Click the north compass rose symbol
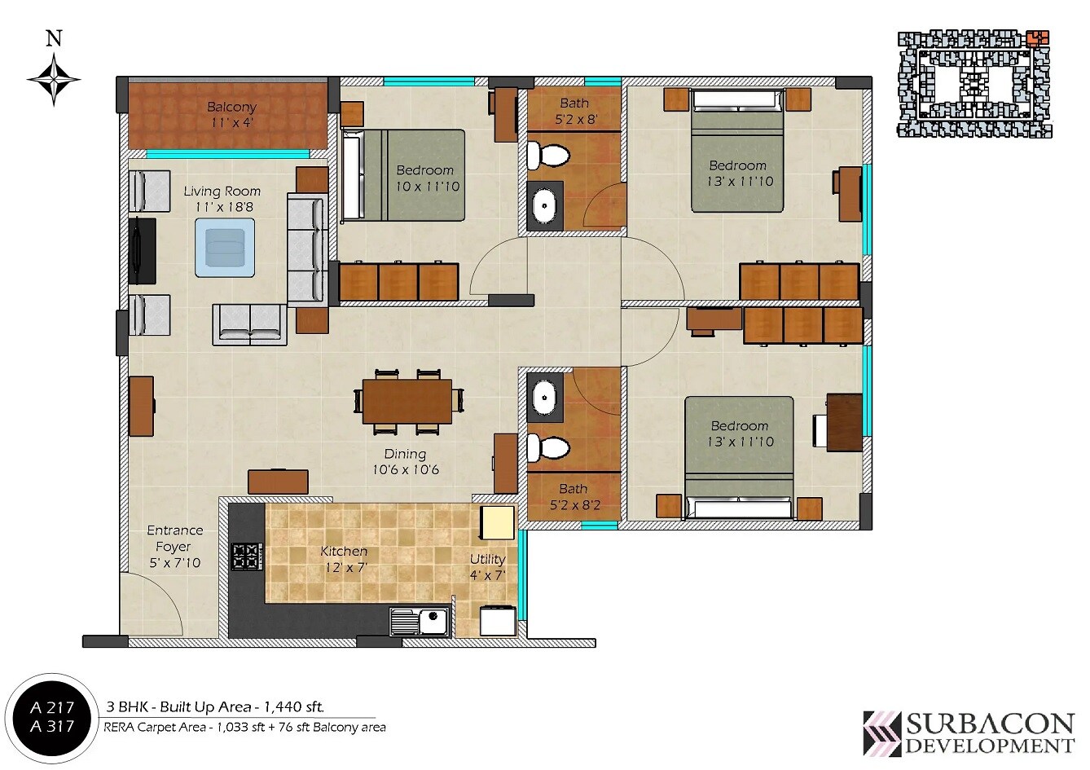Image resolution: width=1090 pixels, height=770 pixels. point(54,79)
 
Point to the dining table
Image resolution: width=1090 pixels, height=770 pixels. point(407,401)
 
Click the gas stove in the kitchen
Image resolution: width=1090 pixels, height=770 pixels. point(246,557)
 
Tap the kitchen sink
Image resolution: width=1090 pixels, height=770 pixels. point(420,622)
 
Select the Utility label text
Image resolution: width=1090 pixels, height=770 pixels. point(487,559)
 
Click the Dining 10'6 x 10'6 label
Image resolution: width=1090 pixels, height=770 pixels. point(405,462)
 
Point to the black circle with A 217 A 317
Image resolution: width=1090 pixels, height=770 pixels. point(52,717)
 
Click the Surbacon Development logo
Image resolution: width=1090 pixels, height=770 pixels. point(969,733)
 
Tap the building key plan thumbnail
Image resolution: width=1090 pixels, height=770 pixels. point(973,84)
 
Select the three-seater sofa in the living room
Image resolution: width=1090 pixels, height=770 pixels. point(305,249)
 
